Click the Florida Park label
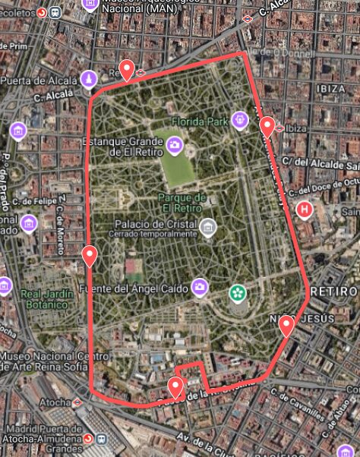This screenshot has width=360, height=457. (x=200, y=121)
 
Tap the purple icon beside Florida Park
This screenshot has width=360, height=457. (x=240, y=119)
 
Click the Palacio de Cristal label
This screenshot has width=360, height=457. (x=154, y=224)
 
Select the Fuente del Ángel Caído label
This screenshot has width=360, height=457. (x=134, y=290)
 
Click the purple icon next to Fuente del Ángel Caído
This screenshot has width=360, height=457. (x=199, y=286)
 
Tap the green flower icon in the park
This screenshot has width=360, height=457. (x=238, y=292)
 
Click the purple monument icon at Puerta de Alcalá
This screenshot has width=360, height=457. (x=89, y=79)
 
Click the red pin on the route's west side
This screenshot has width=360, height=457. (x=90, y=256)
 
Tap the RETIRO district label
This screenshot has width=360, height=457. (x=333, y=292)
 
